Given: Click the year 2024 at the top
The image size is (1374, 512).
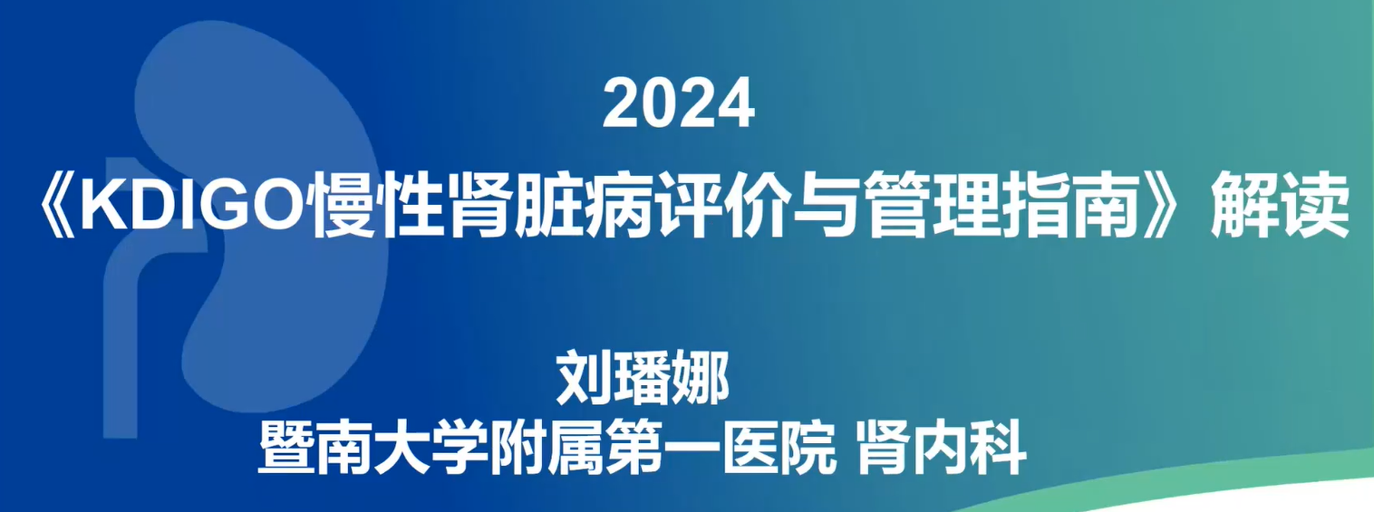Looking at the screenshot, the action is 678,103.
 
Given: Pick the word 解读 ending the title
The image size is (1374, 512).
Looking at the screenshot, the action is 1280,207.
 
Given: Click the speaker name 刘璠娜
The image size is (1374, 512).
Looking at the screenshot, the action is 643,377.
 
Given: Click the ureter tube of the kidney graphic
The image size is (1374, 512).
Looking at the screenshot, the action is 120,343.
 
